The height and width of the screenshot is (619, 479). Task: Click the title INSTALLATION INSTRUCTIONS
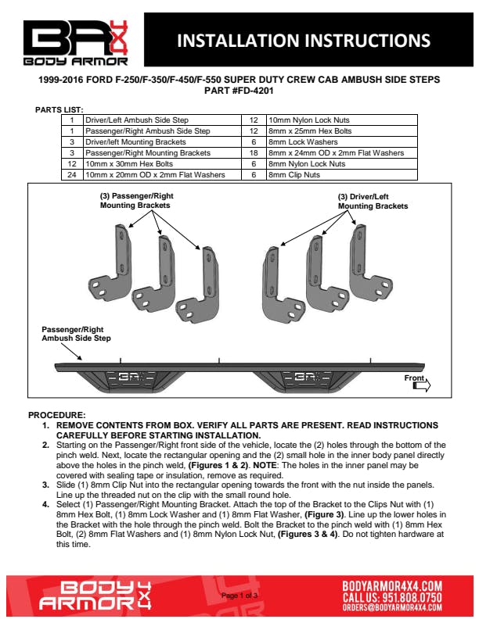304,40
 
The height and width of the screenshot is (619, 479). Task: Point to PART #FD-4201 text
239,91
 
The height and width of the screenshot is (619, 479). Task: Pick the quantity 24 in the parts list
71,175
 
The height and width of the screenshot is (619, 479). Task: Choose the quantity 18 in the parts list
254,153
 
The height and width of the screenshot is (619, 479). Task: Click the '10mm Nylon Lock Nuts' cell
302,120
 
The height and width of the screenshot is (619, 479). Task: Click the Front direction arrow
421,384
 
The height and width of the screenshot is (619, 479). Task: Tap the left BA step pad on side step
126,377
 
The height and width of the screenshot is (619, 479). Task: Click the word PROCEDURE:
56,414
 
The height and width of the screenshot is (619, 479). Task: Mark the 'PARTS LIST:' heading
59,109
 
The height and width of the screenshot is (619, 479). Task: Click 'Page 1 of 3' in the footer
240,596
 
